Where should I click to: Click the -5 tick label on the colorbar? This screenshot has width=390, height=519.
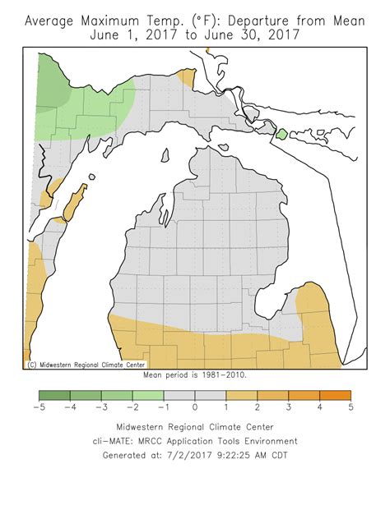point(39,406)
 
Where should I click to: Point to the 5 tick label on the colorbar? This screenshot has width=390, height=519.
point(351,406)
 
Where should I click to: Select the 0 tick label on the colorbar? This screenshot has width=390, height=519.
point(195,406)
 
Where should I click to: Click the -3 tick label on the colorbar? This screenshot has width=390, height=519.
point(101,406)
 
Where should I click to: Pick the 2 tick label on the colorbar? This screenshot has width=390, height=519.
point(257,406)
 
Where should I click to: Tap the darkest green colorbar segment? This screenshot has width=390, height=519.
point(54,394)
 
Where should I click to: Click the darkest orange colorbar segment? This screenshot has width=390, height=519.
point(335,394)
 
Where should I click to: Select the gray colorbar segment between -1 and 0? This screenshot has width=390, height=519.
point(179,394)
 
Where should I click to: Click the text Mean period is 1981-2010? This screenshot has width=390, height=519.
point(195,374)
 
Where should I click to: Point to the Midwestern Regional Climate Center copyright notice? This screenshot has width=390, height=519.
point(86,364)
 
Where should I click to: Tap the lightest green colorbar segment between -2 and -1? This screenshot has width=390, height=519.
point(148,394)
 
